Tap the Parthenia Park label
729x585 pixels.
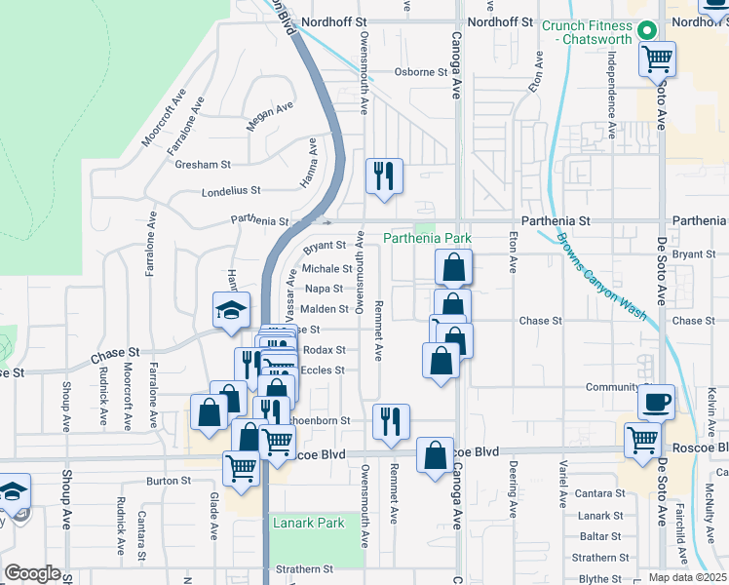click(427, 238)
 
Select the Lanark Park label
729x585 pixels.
click(308, 524)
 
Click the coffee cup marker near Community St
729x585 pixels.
click(656, 401)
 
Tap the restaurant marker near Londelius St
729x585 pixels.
click(383, 176)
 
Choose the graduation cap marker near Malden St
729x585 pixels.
click(231, 310)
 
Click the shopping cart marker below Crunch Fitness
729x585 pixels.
click(658, 58)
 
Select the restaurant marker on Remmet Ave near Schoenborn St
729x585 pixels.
click(391, 422)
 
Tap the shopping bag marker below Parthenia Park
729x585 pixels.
click(453, 266)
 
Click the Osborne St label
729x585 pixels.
click(419, 72)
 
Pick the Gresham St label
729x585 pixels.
click(202, 165)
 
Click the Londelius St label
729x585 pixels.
click(231, 191)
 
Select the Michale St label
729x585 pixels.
click(326, 268)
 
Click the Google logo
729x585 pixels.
click(32, 573)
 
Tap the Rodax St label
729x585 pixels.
click(325, 349)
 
